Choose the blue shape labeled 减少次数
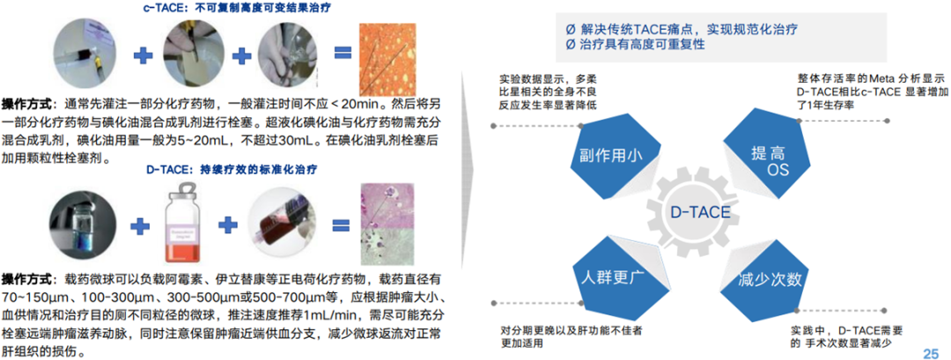[x=770, y=280]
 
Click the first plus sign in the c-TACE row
[x=139, y=55]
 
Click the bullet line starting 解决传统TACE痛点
[x=682, y=28]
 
